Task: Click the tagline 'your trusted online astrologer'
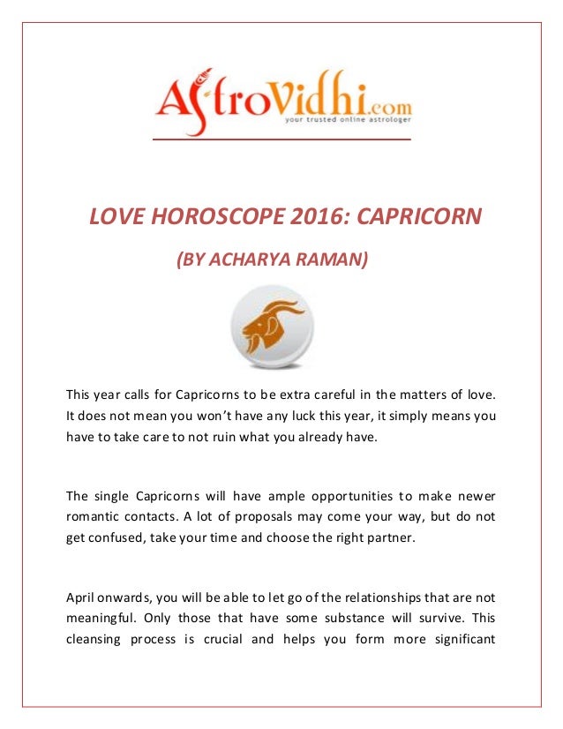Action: (347, 124)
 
